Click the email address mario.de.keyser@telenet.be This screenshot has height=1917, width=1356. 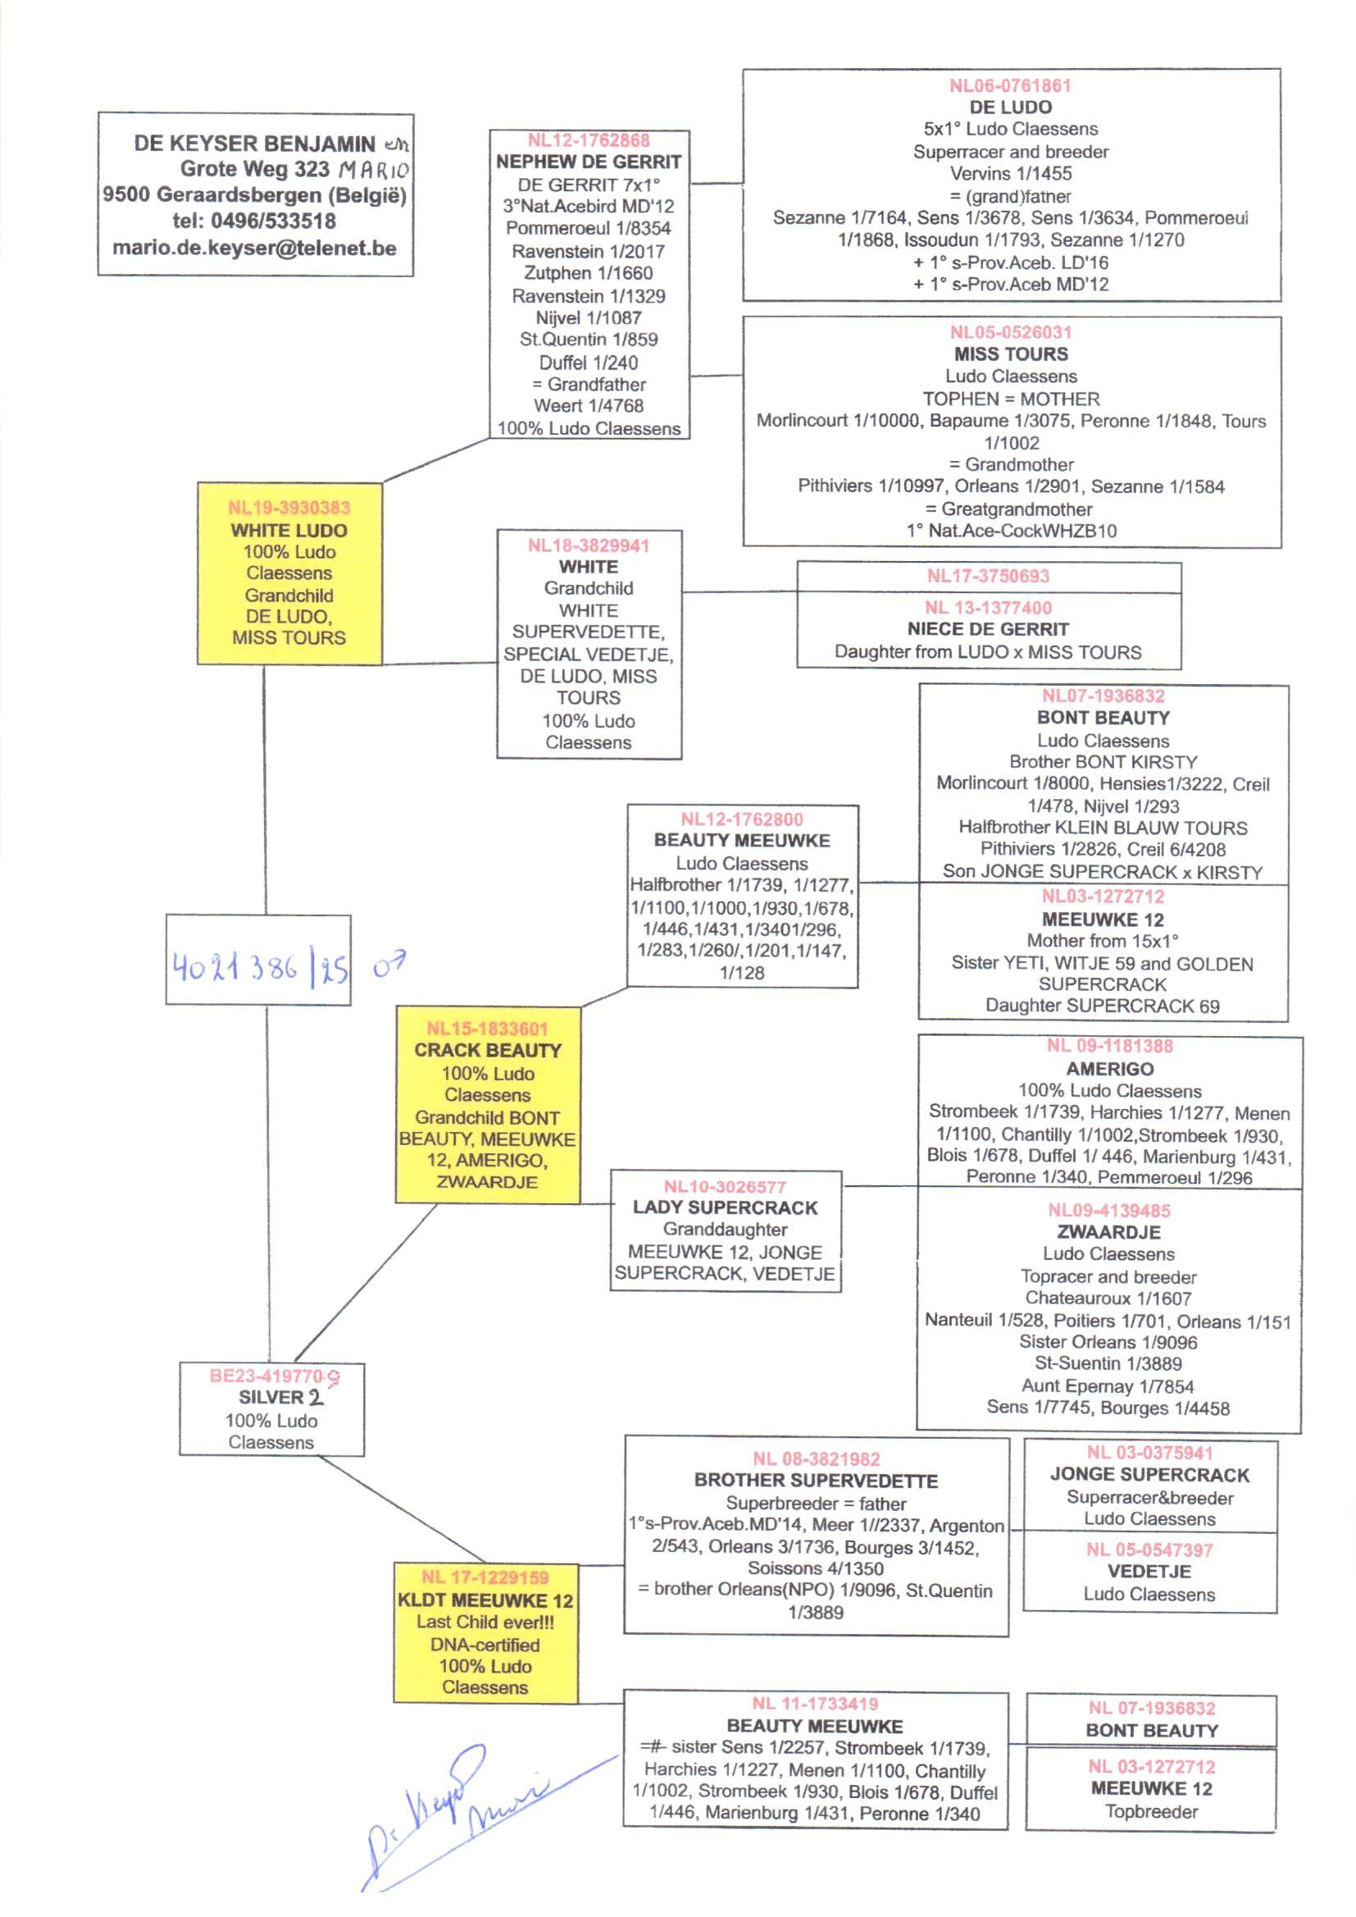[255, 248]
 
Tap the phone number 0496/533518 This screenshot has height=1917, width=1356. [273, 221]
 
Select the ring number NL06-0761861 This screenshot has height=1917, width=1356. [1010, 85]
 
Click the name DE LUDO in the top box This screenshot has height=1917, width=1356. [1010, 107]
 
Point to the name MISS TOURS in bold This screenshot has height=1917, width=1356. [1010, 354]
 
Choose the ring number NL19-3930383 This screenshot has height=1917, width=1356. [289, 508]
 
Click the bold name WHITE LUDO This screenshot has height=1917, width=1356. [289, 531]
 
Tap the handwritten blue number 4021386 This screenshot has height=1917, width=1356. [234, 968]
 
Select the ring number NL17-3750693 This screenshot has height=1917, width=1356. [988, 577]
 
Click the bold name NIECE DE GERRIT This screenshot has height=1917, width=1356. [988, 629]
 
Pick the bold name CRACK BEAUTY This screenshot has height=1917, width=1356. [488, 1051]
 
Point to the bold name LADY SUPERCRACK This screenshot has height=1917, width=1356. [725, 1207]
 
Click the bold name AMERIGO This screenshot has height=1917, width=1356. [1110, 1068]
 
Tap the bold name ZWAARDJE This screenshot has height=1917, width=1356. [1109, 1232]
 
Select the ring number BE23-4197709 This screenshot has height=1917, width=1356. [274, 1376]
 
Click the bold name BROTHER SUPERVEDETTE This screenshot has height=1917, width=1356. [816, 1481]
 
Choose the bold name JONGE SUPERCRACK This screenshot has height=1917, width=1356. [1149, 1475]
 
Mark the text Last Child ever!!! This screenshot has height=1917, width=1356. [485, 1623]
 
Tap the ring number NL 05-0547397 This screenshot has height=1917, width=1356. [1149, 1550]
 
